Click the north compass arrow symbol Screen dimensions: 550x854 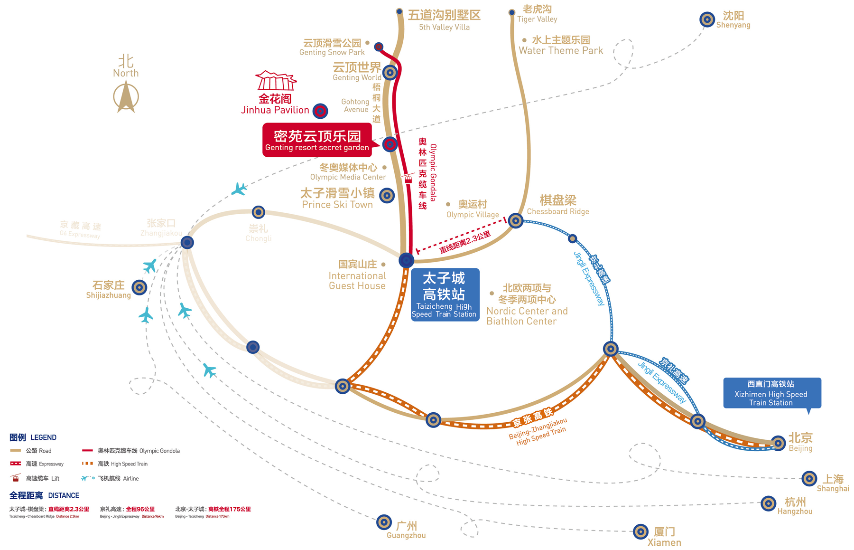tap(126, 97)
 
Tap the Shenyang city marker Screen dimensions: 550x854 tap(707, 19)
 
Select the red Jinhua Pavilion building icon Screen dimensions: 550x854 tap(276, 81)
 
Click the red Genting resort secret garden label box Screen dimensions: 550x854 tap(317, 140)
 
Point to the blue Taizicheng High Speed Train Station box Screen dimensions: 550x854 tap(445, 295)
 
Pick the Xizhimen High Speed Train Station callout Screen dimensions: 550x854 tap(771, 393)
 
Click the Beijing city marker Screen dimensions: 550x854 tap(778, 443)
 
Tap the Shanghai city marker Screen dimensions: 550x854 tap(809, 478)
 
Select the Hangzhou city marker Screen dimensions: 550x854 tap(768, 503)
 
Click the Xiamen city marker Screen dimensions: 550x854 tap(640, 531)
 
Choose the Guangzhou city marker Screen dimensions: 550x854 tap(384, 522)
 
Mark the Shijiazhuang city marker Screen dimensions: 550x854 tap(139, 287)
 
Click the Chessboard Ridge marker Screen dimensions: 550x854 tap(516, 220)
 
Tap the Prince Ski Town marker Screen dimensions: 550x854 tap(387, 195)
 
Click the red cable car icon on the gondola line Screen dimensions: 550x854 tap(408, 178)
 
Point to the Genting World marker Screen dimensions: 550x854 tap(390, 72)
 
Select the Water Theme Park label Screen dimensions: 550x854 tap(561, 45)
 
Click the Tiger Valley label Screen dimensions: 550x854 tap(537, 14)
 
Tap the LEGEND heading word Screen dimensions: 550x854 tap(43, 437)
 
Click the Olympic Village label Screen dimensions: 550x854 tap(473, 209)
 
